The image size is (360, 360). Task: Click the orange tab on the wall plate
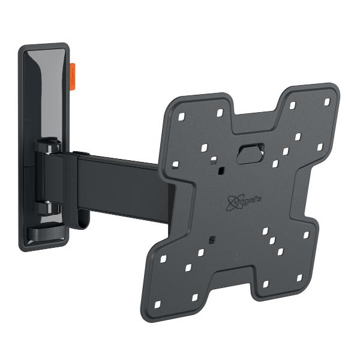[x=72, y=76]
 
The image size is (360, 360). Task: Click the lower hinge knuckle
[x=47, y=208]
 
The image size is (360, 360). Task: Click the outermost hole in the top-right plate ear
[x=327, y=102]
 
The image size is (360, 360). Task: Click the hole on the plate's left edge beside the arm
[x=175, y=164]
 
